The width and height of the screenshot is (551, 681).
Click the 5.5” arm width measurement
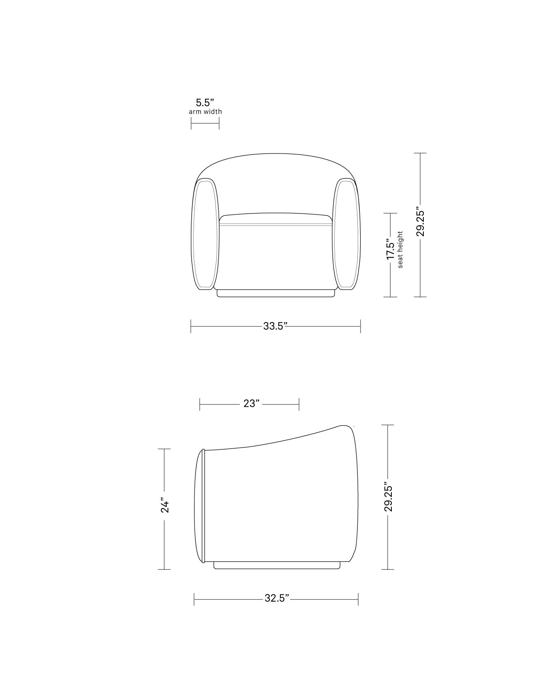click(x=205, y=102)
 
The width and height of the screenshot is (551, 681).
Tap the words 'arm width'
click(x=205, y=111)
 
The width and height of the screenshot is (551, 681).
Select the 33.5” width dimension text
click(x=275, y=326)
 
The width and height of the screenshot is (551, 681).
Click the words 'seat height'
click(x=400, y=250)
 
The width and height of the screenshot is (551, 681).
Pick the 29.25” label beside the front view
click(x=420, y=223)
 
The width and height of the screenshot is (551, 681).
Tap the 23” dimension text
click(x=251, y=403)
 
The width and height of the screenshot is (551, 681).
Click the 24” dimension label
click(x=164, y=505)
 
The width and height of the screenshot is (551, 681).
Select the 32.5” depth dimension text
click(x=277, y=598)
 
